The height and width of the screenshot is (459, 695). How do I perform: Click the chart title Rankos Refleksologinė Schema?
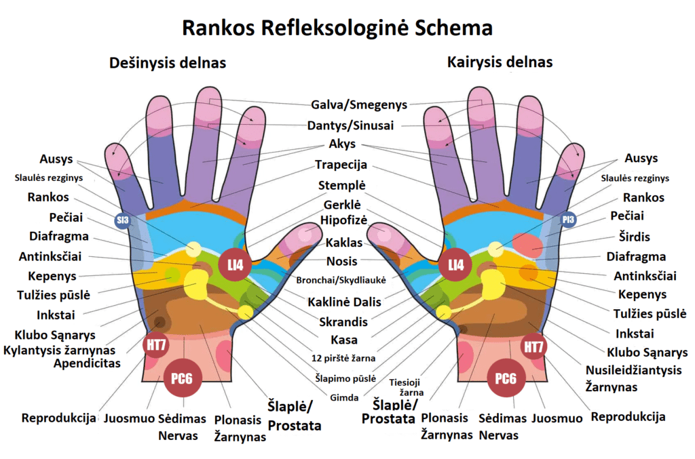click(x=337, y=28)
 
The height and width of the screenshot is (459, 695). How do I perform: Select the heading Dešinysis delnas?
click(x=168, y=63)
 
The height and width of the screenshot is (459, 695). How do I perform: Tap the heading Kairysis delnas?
click(x=500, y=62)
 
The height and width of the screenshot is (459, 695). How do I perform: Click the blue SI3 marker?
click(x=122, y=220)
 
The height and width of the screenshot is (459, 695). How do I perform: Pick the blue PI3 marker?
click(x=568, y=220)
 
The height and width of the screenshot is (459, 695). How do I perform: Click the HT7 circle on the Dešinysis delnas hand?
click(x=156, y=345)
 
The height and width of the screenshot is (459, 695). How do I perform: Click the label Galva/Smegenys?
click(x=359, y=105)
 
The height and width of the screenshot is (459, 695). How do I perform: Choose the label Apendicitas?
click(x=88, y=363)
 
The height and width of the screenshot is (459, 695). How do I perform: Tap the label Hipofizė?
click(x=344, y=220)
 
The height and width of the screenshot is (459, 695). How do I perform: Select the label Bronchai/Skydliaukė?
click(x=341, y=280)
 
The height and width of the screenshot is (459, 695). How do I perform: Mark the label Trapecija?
click(x=341, y=165)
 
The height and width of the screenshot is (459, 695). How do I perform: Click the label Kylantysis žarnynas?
click(x=60, y=350)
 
